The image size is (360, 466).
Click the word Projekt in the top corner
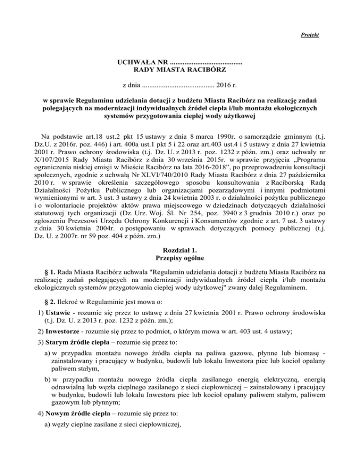pos(310,35)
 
